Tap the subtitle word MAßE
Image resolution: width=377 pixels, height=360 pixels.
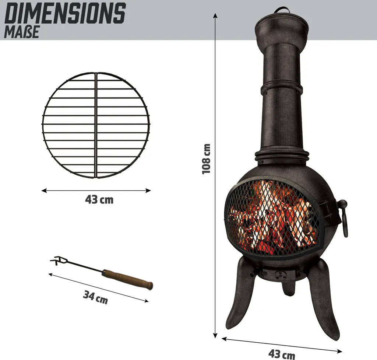point(21,32)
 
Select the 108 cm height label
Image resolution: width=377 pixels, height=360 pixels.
point(207,158)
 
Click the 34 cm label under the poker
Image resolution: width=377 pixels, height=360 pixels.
point(95,297)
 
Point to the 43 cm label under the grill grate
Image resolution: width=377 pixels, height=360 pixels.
point(99,200)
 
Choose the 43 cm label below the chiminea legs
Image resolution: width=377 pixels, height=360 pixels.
point(282,354)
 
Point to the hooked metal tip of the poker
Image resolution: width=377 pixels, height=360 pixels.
point(56,261)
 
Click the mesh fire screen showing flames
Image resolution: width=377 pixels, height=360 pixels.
point(273,217)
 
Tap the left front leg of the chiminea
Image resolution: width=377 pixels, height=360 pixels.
point(240,295)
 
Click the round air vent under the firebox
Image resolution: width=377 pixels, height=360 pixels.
point(281,275)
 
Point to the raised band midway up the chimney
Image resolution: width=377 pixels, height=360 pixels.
point(282,88)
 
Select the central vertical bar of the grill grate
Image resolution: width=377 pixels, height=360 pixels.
point(96,125)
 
